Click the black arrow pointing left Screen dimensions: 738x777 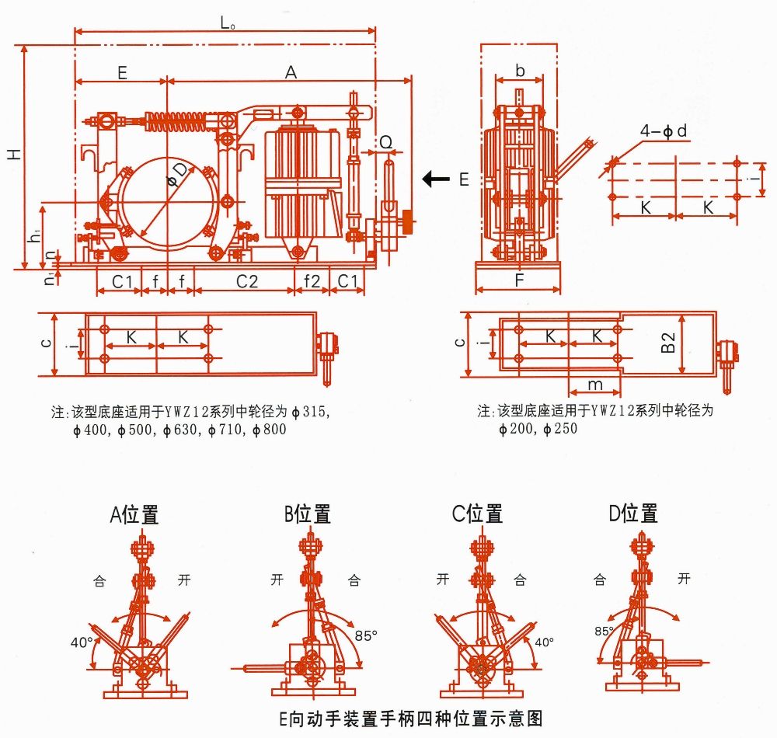click(436, 179)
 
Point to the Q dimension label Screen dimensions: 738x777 click(386, 141)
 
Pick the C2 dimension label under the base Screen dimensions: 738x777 click(246, 280)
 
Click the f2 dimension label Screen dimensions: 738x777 click(312, 280)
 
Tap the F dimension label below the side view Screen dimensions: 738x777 click(518, 280)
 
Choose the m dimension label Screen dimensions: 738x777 click(594, 385)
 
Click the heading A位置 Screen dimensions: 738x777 click(134, 514)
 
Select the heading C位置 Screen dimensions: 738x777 click(477, 514)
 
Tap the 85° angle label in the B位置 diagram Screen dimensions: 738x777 click(366, 635)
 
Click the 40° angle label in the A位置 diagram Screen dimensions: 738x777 click(81, 642)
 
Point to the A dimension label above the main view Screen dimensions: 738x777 click(291, 72)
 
